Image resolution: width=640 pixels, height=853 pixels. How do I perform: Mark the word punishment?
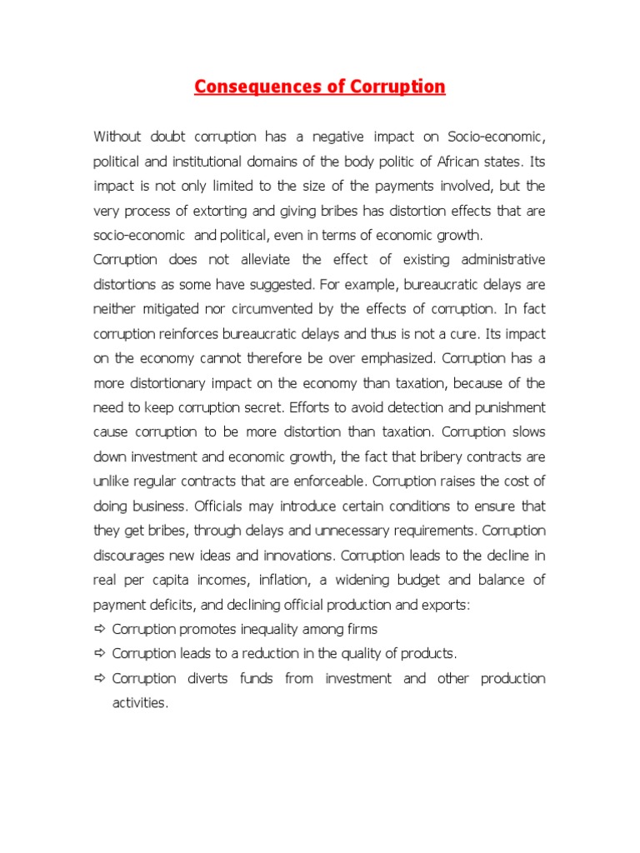click(x=504, y=408)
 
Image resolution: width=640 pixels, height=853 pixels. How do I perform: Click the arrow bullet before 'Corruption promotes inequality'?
click(x=100, y=629)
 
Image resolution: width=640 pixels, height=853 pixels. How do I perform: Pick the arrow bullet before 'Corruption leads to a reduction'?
click(x=100, y=653)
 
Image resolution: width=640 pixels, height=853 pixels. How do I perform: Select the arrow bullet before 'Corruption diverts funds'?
click(x=100, y=678)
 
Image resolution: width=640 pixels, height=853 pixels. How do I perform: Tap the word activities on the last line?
click(x=140, y=703)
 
